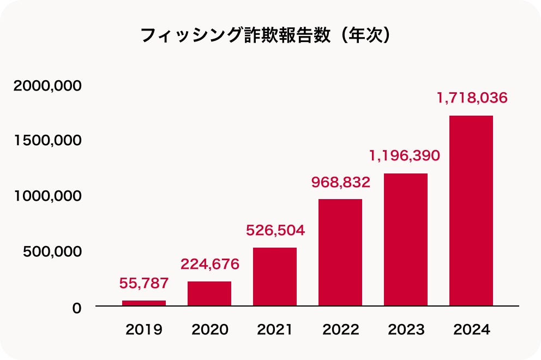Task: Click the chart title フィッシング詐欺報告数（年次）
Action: pos(266,35)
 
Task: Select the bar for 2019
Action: pos(144,303)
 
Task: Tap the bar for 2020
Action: pos(209,293)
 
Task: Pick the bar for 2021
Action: pos(275,277)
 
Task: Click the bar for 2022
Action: pos(340,252)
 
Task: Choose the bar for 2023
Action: pos(406,239)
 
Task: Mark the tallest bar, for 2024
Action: pos(471,211)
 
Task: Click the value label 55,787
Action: pos(144,283)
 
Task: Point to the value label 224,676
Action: pos(210,264)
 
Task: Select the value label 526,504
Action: pos(275,230)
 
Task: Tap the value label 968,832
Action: pos(341,182)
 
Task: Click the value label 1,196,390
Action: pos(404,156)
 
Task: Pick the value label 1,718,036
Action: pos(472,98)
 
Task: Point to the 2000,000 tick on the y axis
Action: pos(48,86)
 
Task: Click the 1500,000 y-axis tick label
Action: pos(48,141)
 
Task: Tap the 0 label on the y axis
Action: pos(76,308)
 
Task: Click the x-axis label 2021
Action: pos(275,330)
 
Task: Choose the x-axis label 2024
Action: pos(472,330)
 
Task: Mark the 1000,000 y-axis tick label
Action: pos(48,196)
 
